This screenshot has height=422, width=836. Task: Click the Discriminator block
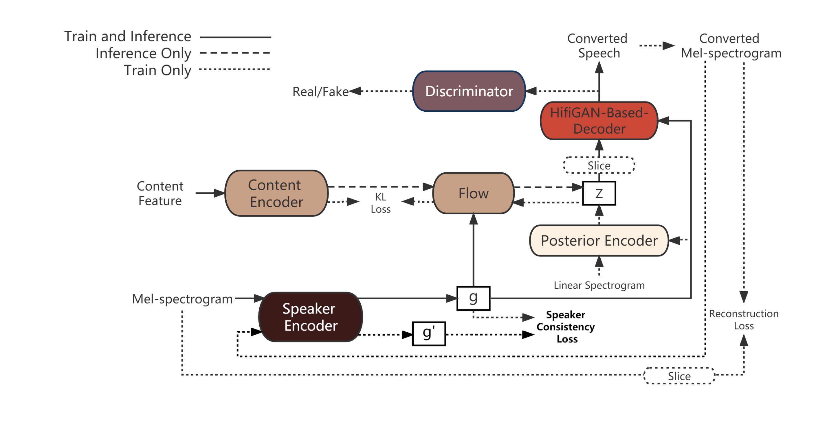point(469,91)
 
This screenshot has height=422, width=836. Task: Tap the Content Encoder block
point(276,193)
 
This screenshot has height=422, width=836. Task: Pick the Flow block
point(474,193)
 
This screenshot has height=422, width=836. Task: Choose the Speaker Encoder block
point(310,317)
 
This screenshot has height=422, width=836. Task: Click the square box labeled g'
point(429,333)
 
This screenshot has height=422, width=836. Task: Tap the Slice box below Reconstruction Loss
point(679,376)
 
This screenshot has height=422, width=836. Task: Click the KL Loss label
point(381,203)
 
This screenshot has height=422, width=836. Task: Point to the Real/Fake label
point(320,92)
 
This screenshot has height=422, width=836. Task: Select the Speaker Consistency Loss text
point(566,327)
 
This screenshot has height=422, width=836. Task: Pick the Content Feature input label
point(160,193)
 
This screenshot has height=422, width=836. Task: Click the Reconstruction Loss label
point(743,320)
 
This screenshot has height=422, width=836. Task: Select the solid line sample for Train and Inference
point(235,37)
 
